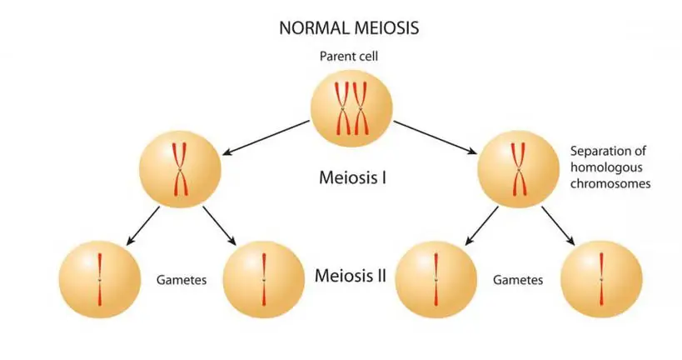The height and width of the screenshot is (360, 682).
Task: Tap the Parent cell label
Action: (x=349, y=57)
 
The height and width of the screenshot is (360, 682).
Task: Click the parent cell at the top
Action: (x=350, y=107)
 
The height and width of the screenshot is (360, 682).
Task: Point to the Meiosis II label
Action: (x=350, y=276)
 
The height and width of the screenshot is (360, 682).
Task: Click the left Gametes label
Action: (x=182, y=280)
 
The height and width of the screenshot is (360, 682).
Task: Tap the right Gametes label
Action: (x=518, y=280)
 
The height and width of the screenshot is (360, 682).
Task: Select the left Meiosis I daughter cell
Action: (x=181, y=172)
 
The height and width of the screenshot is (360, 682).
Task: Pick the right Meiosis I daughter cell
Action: (x=518, y=172)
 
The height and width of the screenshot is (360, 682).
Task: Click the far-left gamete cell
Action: (x=99, y=278)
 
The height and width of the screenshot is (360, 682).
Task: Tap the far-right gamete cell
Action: (x=601, y=278)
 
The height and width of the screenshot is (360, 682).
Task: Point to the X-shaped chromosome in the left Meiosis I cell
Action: (x=181, y=171)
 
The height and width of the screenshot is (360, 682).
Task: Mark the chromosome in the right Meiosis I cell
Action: (x=518, y=171)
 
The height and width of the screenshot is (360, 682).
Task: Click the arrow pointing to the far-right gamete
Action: (x=560, y=226)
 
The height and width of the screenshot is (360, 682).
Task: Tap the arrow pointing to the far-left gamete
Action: (x=140, y=226)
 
